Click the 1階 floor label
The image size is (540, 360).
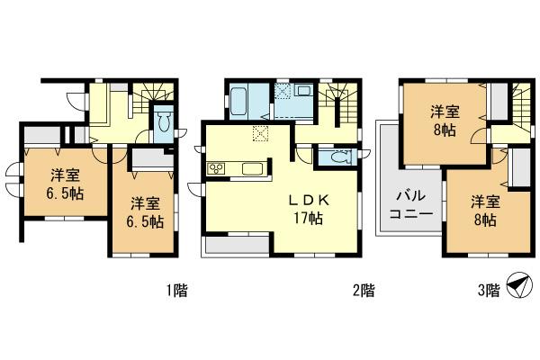point(175,290)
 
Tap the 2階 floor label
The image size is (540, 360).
point(363,290)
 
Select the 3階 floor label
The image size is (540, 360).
point(488,290)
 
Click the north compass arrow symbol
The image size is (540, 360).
point(516,286)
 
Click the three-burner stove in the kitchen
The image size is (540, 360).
point(218,168)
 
